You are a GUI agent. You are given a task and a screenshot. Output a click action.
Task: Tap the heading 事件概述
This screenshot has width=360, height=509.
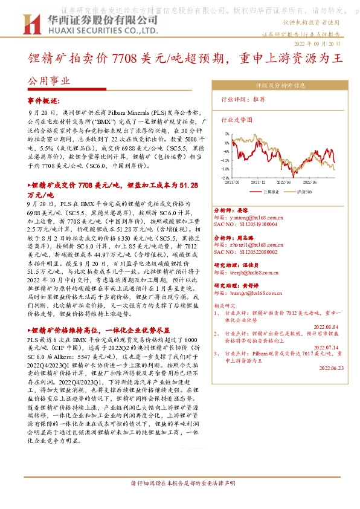(43, 100)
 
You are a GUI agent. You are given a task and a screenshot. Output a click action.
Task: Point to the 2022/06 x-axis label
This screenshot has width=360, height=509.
(310, 181)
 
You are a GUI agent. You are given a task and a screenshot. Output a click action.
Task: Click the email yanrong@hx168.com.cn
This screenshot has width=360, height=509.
(257, 216)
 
